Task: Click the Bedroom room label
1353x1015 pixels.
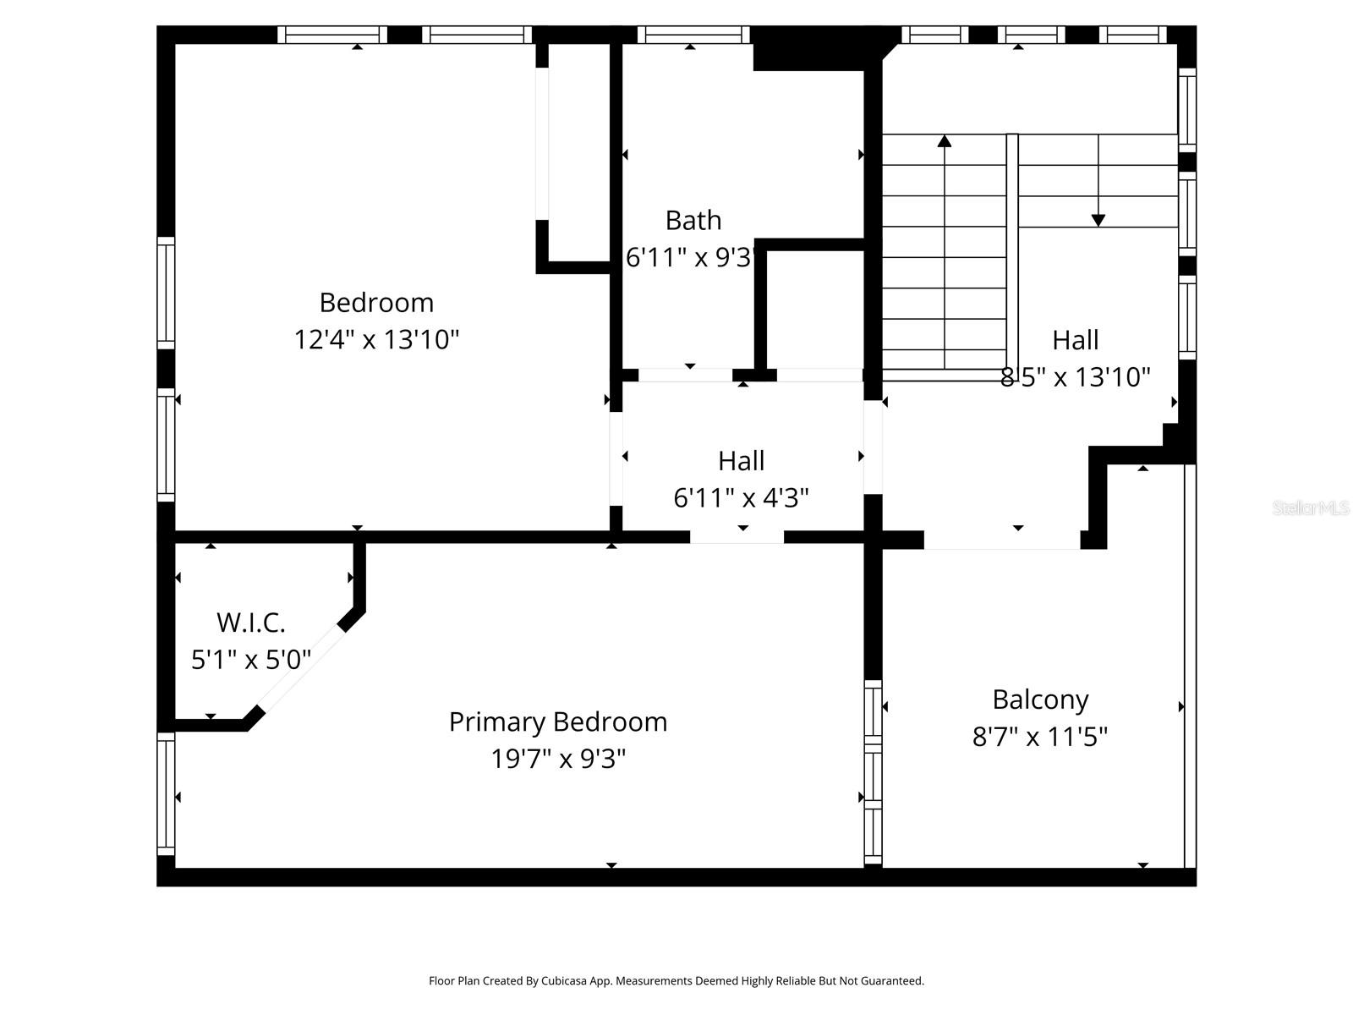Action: point(376,303)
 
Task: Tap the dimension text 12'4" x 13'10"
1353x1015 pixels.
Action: point(376,340)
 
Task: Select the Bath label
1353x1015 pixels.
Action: point(693,221)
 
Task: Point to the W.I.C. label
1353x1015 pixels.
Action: point(251,623)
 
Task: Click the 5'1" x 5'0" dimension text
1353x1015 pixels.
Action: point(251,660)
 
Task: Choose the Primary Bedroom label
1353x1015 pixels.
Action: point(558,722)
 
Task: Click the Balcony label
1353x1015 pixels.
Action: point(1040,700)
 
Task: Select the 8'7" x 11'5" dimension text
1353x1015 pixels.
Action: point(1040,738)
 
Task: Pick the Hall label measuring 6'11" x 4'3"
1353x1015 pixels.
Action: point(742,461)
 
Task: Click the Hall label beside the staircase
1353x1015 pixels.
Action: point(1076,340)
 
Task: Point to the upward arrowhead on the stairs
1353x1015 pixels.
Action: point(945,141)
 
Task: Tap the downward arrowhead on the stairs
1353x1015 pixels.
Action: point(1098,220)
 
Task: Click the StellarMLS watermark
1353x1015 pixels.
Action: point(1311,508)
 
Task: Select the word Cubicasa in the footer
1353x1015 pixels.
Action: point(583,981)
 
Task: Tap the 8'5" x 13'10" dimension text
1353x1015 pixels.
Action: point(1076,377)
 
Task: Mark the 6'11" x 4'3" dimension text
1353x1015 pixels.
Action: point(742,498)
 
